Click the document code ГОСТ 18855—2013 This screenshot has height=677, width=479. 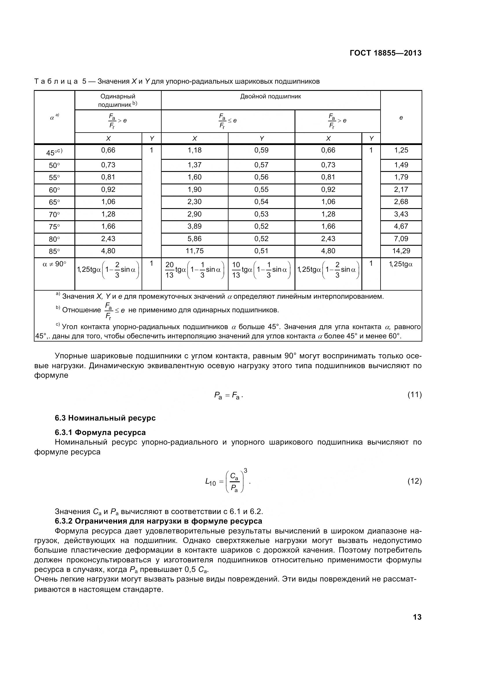(385, 53)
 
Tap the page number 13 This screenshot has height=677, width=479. (417, 617)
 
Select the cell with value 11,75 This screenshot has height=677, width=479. (194, 251)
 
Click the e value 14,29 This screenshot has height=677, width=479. (401, 251)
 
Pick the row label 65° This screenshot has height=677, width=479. (54, 202)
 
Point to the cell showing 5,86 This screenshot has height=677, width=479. (194, 238)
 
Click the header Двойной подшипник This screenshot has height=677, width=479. (270, 96)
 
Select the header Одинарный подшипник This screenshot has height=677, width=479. (118, 100)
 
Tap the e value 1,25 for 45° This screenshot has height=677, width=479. (401, 150)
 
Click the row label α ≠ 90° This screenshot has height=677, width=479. (54, 264)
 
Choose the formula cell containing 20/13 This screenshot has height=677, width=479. (195, 270)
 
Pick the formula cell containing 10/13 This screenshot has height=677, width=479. (261, 270)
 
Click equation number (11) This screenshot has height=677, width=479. (414, 395)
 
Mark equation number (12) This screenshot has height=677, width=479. (414, 481)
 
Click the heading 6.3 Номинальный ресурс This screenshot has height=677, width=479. (105, 418)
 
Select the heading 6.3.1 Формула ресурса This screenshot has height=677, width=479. (100, 432)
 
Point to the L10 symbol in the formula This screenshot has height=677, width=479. (210, 482)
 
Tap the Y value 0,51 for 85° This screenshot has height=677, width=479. (261, 251)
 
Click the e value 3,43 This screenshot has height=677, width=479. (401, 214)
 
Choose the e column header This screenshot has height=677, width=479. (401, 118)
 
